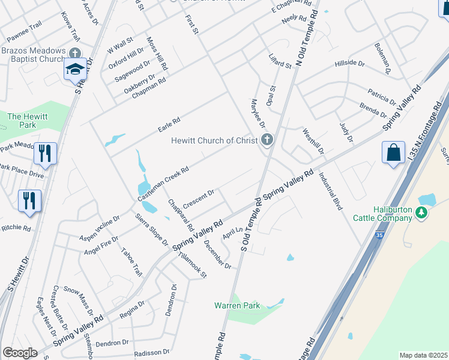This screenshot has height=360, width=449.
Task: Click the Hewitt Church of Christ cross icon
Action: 267,140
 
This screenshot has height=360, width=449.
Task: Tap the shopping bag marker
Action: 393,152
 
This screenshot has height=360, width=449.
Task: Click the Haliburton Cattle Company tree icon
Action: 421,211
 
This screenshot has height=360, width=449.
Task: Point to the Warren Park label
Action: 237,305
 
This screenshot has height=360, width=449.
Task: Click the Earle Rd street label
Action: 169,125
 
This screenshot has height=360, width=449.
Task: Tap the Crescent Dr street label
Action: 199,199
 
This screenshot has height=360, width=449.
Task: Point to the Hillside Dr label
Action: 350,63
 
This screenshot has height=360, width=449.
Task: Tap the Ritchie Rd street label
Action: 16,228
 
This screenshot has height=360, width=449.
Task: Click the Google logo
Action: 20,352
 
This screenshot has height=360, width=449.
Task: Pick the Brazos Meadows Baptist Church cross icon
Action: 75,53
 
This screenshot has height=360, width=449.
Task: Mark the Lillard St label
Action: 280,61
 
